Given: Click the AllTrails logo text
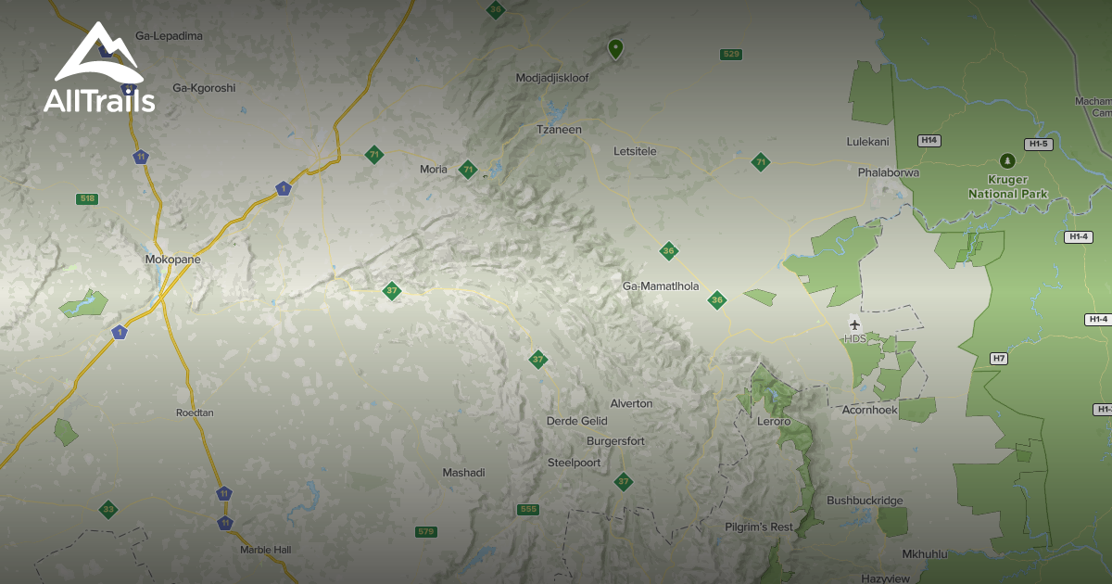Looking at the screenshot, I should pos(99,101).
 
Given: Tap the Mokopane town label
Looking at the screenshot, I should pos(172,260).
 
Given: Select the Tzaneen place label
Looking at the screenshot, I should pos(560,130).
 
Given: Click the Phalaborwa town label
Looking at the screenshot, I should pos(888,172).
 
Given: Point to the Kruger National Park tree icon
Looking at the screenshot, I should pos(1007,161).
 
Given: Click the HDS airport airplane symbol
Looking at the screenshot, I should pos(854,324).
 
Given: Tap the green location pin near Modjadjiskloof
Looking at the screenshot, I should pos(615,48).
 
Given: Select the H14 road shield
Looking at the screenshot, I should pos(929,140).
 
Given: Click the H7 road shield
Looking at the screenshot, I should pos(998,359).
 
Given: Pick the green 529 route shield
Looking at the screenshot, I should pos(731,55).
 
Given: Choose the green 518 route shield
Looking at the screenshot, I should pos(88,198).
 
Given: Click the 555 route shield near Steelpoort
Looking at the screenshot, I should pos(528,509).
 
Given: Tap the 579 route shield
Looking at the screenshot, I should pos(425,531).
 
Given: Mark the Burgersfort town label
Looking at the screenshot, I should pos(615,441).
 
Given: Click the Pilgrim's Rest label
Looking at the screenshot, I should pos(759,527).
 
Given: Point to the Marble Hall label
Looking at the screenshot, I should pos(265,550).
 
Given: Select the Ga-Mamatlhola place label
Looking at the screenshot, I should pos(661,286).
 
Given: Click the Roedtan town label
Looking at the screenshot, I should pos(196,413).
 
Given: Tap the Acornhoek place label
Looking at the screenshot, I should pos(869,410).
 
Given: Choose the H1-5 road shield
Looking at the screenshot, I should pos(1038,144).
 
